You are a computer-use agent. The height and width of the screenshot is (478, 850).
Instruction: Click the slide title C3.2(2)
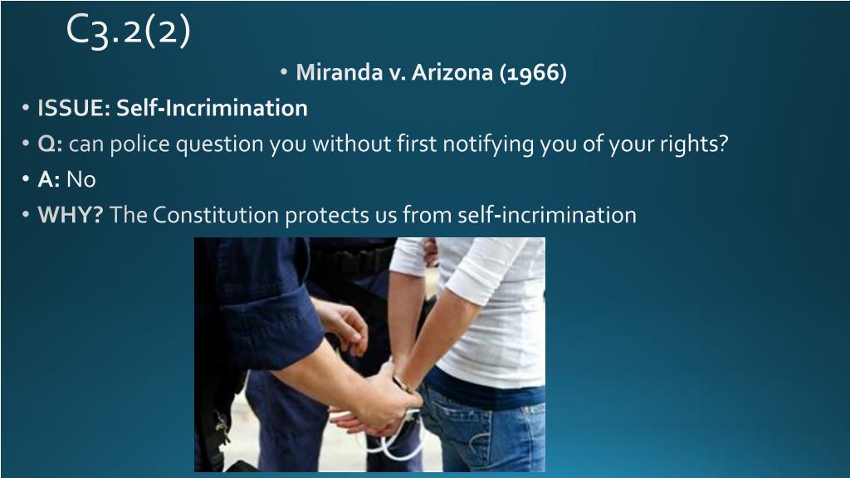pyautogui.click(x=129, y=32)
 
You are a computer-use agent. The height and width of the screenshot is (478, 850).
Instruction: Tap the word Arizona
pyautogui.click(x=452, y=72)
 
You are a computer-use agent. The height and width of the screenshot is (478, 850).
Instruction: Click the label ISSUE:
pyautogui.click(x=74, y=108)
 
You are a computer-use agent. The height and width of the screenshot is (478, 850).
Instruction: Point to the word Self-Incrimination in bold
pyautogui.click(x=212, y=108)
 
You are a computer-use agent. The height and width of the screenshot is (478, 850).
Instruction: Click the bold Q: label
pyautogui.click(x=50, y=144)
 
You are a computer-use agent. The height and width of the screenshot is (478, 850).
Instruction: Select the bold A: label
pyautogui.click(x=49, y=179)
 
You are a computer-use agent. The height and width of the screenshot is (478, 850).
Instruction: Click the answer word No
pyautogui.click(x=81, y=179)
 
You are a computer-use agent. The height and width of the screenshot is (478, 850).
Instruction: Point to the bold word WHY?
pyautogui.click(x=70, y=215)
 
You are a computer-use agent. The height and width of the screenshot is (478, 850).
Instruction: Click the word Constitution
pyautogui.click(x=216, y=215)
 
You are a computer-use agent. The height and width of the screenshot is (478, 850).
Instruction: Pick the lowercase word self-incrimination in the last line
pyautogui.click(x=547, y=215)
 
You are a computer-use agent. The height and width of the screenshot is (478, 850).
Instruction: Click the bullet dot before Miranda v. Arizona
pyautogui.click(x=284, y=71)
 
